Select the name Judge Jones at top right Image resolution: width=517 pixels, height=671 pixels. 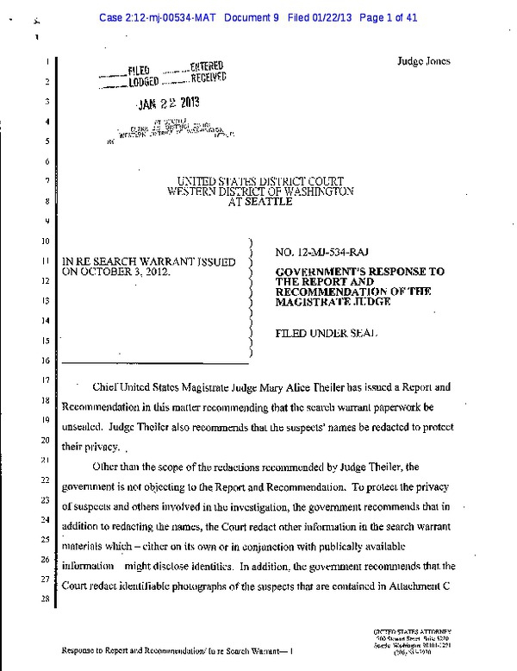point(423,61)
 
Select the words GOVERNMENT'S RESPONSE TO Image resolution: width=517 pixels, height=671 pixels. point(359,271)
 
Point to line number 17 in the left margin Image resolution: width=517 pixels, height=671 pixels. point(44,379)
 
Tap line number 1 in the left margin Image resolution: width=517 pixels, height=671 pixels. point(45,63)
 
